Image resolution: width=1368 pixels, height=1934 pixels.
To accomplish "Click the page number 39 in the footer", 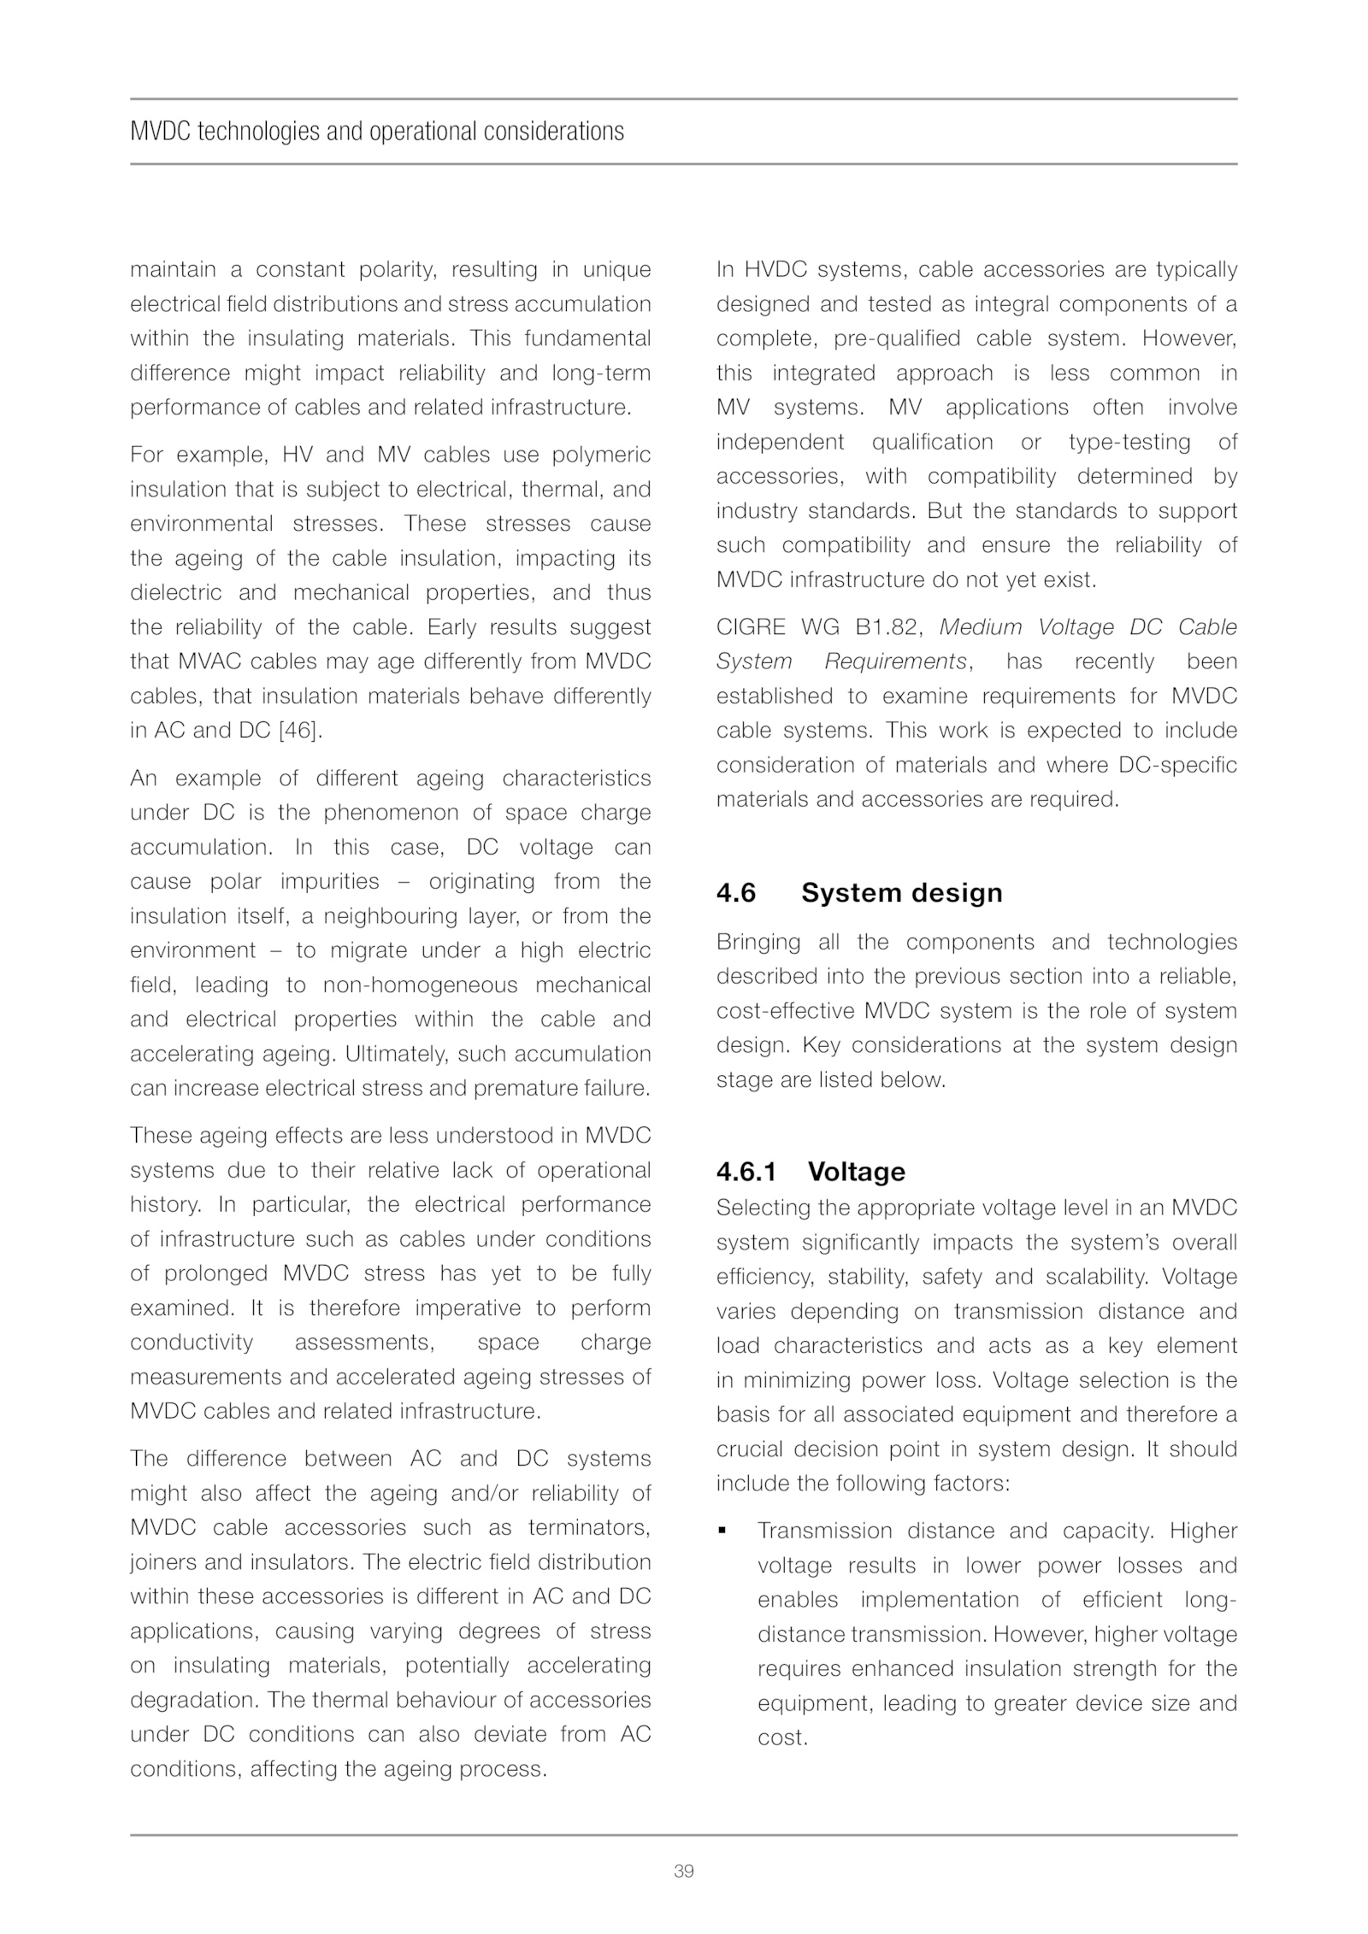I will [683, 1871].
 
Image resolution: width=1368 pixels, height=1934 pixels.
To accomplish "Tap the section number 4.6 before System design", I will [736, 893].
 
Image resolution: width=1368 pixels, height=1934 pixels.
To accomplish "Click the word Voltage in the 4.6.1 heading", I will [856, 1171].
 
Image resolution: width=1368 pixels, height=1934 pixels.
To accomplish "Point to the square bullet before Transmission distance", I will [722, 1531].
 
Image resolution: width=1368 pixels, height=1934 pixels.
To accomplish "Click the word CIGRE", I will [751, 627].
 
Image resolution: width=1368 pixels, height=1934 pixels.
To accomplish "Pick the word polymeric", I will [601, 455].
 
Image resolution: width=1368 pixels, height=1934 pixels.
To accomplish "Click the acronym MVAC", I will [209, 661].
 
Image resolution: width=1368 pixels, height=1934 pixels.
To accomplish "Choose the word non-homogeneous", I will [421, 985].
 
